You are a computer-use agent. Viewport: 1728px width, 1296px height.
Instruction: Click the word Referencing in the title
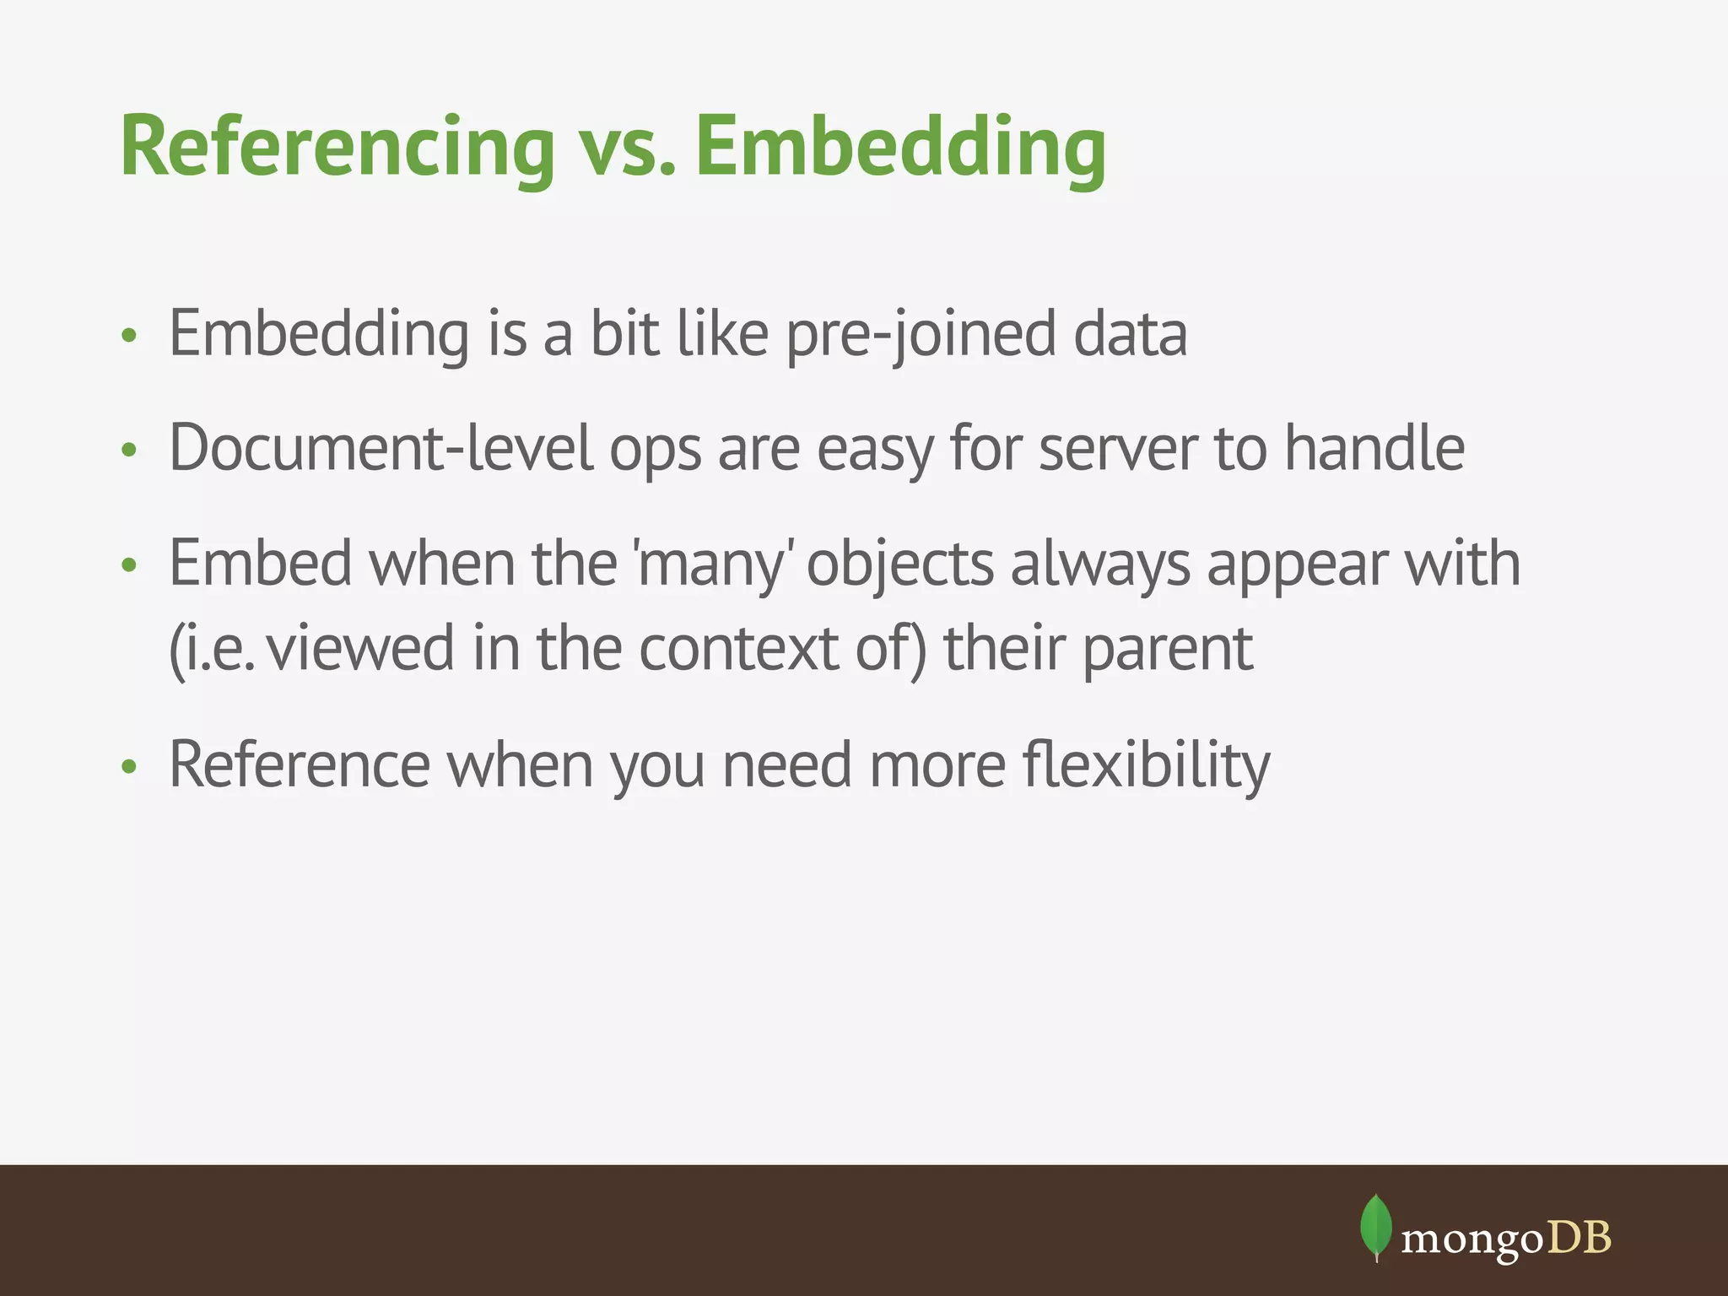[337, 148]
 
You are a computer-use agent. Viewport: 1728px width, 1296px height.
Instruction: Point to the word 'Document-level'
[381, 448]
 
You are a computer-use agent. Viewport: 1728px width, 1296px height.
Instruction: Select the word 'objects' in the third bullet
[899, 564]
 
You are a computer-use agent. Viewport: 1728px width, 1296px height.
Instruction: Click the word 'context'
[738, 649]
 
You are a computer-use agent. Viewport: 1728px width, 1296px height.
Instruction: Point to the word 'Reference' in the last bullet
[299, 765]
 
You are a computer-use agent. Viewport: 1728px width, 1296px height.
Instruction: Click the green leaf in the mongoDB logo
[1375, 1226]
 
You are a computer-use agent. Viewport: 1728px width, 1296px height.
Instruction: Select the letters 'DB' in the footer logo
[1579, 1238]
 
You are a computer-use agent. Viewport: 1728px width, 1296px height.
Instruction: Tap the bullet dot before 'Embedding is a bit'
[128, 337]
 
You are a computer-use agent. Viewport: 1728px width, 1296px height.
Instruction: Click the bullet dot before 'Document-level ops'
[128, 451]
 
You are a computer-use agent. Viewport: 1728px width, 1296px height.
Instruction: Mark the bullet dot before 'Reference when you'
[128, 767]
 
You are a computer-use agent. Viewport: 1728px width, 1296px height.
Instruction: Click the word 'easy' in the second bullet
[874, 448]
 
